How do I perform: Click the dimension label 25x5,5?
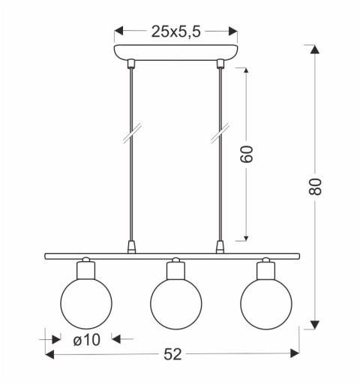pos(175,32)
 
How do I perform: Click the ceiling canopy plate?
pos(175,53)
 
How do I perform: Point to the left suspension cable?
pos(132,180)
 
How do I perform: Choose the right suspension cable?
pos(220,180)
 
